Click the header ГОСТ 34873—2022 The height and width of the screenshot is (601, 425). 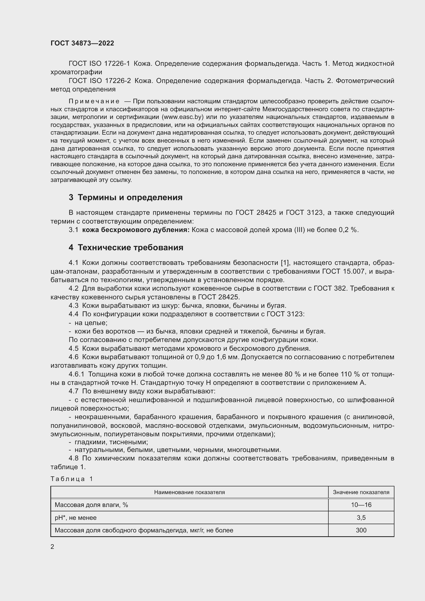click(82, 43)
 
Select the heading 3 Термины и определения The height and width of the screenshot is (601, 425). click(126, 197)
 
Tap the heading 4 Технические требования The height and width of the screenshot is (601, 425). click(126, 247)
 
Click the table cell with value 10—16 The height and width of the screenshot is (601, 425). click(361, 505)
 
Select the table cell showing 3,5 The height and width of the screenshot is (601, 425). click(361, 517)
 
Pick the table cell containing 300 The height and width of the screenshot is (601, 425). click(361, 530)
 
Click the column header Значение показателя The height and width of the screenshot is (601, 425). click(361, 492)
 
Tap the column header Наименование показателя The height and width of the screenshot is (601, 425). click(189, 492)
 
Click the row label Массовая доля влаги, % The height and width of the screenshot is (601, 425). click(91, 505)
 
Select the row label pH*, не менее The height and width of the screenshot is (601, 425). click(76, 517)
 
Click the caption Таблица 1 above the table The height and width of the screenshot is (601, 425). click(72, 479)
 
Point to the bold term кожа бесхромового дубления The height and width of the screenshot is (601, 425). click(136, 230)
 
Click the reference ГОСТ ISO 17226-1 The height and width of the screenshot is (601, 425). click(99, 64)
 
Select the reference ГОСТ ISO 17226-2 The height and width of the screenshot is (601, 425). click(100, 81)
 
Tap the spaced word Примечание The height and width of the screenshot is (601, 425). click(94, 101)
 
